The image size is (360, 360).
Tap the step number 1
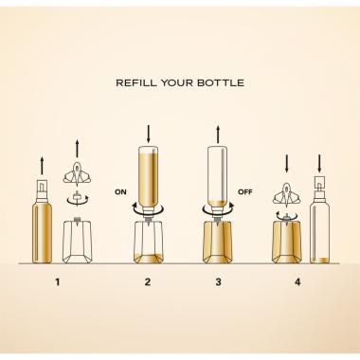coord(57,282)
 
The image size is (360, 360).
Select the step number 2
coord(148,282)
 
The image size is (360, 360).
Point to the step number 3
coord(218,282)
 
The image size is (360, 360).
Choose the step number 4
coord(297,282)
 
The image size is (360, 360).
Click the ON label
coord(120,191)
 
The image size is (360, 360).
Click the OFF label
coord(245,191)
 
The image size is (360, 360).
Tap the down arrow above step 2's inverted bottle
coord(148,134)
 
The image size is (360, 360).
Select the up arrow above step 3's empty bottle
coord(218,134)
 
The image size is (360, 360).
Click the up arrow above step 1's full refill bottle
coord(42,166)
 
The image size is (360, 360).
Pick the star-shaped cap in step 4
coord(286,194)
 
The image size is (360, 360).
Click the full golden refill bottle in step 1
coord(42,222)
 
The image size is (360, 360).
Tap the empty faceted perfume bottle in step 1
coord(78,241)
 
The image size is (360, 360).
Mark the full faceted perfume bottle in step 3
coord(218,243)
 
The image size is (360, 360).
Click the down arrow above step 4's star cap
coord(286,164)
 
